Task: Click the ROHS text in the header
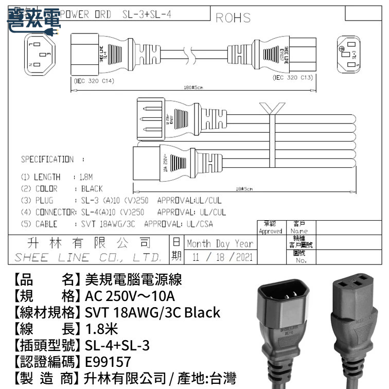tap(233, 17)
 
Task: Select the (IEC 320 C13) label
tap(292, 78)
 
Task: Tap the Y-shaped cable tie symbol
tap(272, 110)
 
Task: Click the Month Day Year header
tap(220, 243)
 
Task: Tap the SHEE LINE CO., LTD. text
tap(87, 257)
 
